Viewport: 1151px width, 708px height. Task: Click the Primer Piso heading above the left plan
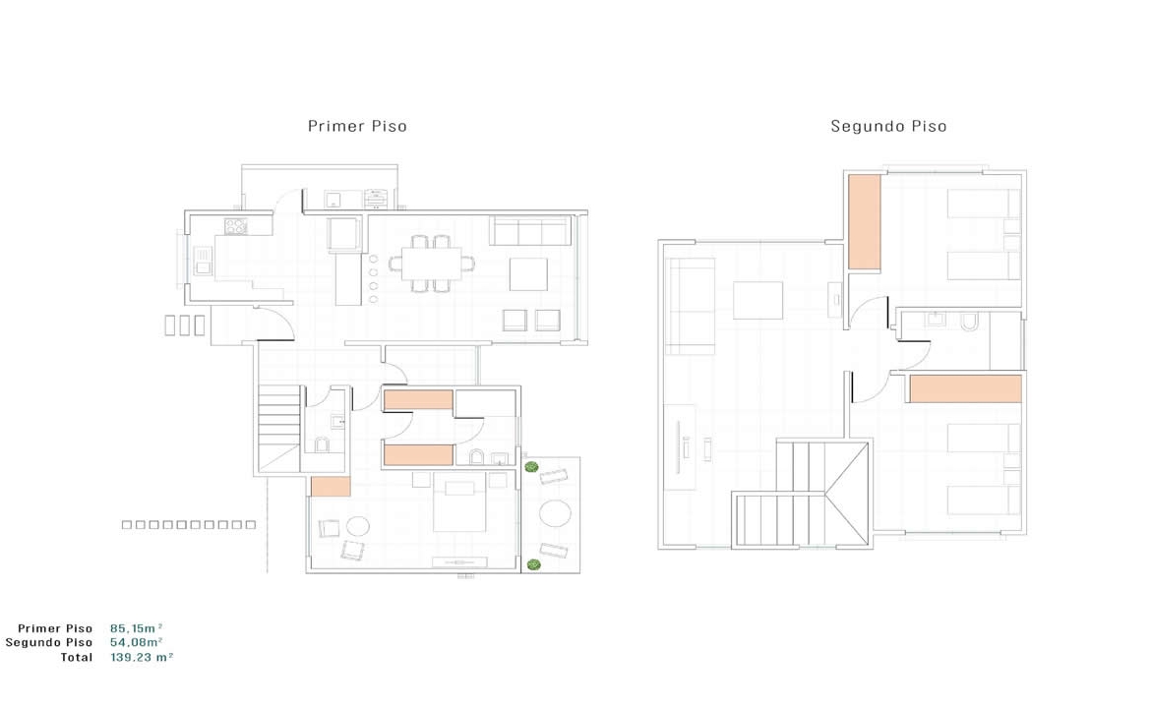357,126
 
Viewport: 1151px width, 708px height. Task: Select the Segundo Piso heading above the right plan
888,126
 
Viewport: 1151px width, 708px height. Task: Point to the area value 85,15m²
136,628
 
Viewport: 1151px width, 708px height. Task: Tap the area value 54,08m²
136,643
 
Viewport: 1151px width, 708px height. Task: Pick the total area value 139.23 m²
142,658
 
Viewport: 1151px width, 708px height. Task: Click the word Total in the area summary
77,658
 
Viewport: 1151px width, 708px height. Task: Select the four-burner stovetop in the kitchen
236,226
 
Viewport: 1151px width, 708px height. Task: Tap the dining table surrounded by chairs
432,265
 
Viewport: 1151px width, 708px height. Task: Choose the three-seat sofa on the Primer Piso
530,230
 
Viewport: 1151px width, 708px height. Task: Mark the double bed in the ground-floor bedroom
459,501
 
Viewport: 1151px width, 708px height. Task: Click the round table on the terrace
555,513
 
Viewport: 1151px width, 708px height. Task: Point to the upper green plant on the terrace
531,467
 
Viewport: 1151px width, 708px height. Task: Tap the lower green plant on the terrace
533,564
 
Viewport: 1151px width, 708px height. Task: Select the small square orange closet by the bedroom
331,487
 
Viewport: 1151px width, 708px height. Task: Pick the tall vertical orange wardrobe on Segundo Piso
864,221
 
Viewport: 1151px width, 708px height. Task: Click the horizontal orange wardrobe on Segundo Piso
965,388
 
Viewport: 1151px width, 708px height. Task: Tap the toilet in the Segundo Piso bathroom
969,322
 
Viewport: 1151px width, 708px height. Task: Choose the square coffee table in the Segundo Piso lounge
757,300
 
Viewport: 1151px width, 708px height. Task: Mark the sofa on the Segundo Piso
690,307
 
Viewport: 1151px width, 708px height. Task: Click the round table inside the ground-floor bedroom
357,526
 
